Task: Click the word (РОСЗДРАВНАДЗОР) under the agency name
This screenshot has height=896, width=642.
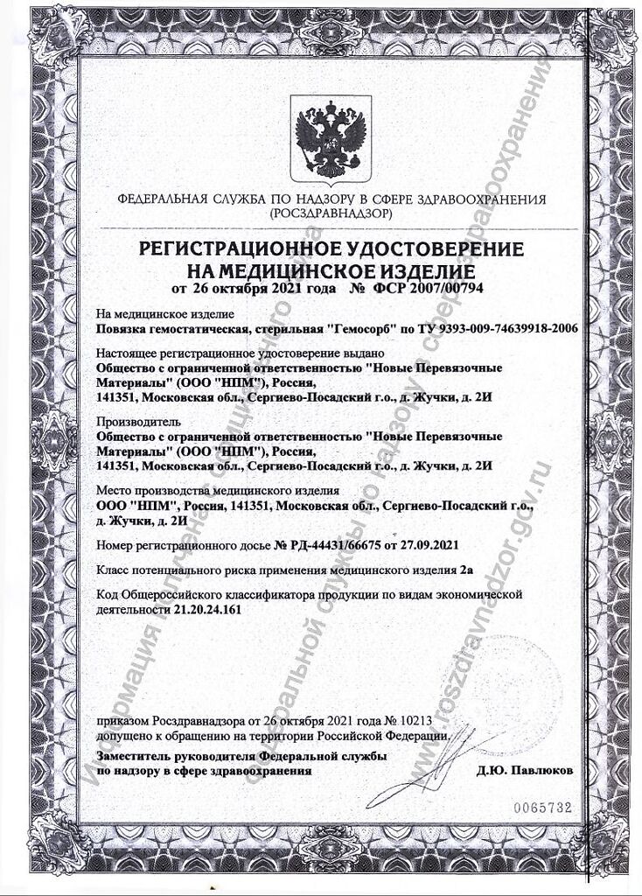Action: click(331, 213)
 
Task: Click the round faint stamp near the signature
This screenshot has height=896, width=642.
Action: click(516, 691)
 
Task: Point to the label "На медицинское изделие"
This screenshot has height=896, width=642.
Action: click(153, 314)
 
